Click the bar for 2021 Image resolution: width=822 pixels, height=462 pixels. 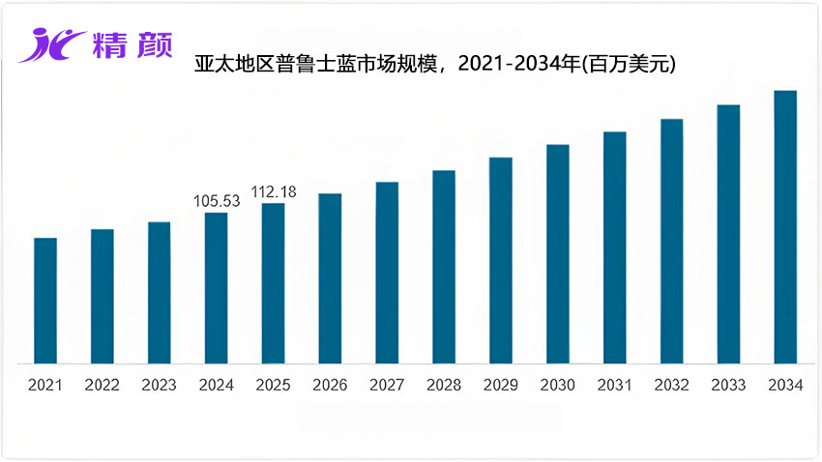pyautogui.click(x=45, y=301)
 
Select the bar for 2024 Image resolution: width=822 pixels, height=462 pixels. pyautogui.click(x=216, y=288)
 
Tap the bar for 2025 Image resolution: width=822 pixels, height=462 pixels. pyautogui.click(x=273, y=283)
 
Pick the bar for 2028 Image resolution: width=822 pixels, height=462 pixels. pyautogui.click(x=444, y=267)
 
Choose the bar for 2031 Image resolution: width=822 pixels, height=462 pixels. pyautogui.click(x=614, y=247)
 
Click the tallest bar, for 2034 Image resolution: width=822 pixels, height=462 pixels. pyautogui.click(x=785, y=227)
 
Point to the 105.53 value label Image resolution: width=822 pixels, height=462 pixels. pyautogui.click(x=217, y=200)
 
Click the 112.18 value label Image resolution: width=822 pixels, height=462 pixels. pyautogui.click(x=274, y=191)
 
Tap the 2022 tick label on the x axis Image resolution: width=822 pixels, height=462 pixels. pyautogui.click(x=102, y=385)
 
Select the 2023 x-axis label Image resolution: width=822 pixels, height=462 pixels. pyautogui.click(x=159, y=385)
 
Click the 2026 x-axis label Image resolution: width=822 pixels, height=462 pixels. pyautogui.click(x=330, y=385)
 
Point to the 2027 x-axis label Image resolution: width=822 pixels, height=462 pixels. pyautogui.click(x=387, y=385)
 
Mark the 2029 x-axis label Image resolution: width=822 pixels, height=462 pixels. pyautogui.click(x=501, y=385)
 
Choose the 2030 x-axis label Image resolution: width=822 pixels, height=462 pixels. pyautogui.click(x=558, y=385)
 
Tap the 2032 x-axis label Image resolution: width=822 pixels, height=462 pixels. pyautogui.click(x=671, y=385)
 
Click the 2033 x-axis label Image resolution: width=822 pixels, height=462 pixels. pyautogui.click(x=728, y=385)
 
